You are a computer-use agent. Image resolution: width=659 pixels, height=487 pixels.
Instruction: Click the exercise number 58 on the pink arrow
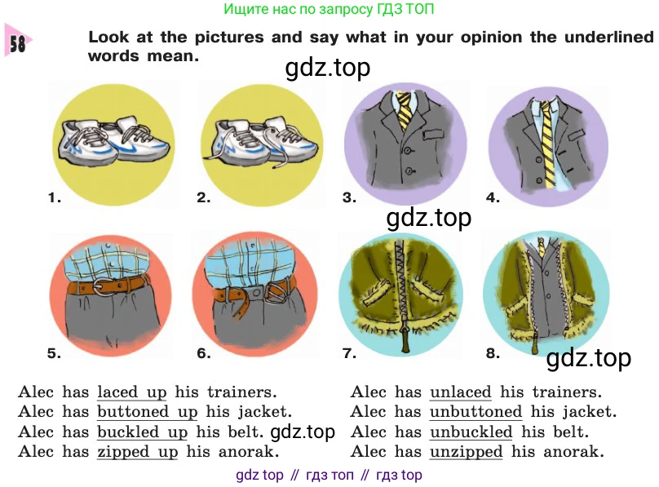(x=17, y=43)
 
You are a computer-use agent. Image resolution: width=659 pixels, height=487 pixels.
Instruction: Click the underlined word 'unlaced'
(x=460, y=392)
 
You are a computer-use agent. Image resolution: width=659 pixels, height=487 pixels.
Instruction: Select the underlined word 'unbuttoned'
(x=475, y=411)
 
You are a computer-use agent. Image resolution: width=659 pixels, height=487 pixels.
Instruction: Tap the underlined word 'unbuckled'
(x=471, y=432)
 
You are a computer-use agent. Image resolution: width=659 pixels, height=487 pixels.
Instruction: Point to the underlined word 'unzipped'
(x=466, y=452)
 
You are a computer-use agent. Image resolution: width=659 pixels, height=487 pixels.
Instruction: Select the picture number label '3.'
(x=349, y=197)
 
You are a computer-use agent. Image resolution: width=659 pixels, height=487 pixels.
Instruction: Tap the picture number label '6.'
(x=204, y=353)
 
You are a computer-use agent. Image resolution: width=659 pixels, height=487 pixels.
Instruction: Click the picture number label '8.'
(x=493, y=353)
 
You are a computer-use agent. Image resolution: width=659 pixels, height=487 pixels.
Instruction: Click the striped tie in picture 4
(x=546, y=143)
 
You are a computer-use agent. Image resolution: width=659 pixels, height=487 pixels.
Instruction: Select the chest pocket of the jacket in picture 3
(x=432, y=135)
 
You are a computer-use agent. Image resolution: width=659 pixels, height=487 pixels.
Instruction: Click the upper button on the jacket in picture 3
(x=407, y=150)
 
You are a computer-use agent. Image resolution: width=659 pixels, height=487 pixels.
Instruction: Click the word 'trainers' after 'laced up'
(x=241, y=392)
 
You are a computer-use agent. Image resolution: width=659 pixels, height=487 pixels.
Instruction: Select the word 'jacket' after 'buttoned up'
(x=265, y=412)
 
